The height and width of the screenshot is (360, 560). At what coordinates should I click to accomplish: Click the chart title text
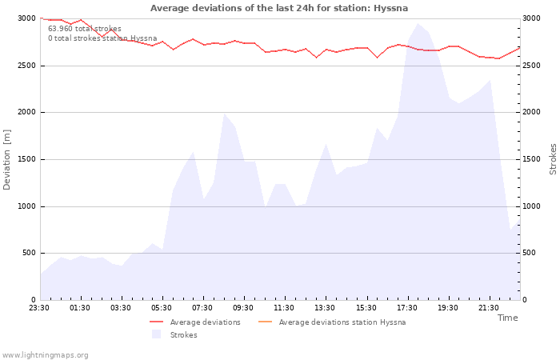click(279, 8)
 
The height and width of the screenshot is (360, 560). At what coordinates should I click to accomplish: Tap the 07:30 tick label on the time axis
click(202, 308)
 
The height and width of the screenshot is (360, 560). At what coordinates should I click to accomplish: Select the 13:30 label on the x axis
click(325, 308)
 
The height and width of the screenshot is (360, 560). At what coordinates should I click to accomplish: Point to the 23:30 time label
click(39, 308)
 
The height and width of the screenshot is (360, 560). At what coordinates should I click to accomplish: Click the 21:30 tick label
click(488, 308)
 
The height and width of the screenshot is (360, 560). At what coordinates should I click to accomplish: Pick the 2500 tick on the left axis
click(27, 66)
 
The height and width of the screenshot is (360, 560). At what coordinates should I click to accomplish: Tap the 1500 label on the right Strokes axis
click(531, 159)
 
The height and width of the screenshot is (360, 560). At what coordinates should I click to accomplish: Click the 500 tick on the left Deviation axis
click(29, 253)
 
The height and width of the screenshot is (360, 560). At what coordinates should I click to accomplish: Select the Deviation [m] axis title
click(6, 159)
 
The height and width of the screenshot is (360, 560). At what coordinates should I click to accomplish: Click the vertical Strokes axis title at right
click(553, 159)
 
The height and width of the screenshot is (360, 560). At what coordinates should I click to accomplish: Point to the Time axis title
click(507, 318)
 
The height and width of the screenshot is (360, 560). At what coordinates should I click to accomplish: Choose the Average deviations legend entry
click(195, 322)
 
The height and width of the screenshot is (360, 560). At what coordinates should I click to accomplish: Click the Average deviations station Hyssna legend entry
click(332, 322)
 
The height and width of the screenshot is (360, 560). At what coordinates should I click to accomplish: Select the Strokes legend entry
click(174, 334)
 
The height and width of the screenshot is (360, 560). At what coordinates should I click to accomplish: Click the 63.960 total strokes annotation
click(85, 29)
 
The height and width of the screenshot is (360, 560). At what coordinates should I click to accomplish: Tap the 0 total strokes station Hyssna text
click(102, 38)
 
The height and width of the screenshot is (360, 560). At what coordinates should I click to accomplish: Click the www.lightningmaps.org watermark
click(44, 355)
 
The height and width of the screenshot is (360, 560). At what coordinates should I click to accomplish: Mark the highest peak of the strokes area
click(418, 23)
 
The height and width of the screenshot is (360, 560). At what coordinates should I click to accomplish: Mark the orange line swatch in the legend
click(265, 322)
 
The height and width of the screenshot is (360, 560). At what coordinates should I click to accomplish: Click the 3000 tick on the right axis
click(531, 18)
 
